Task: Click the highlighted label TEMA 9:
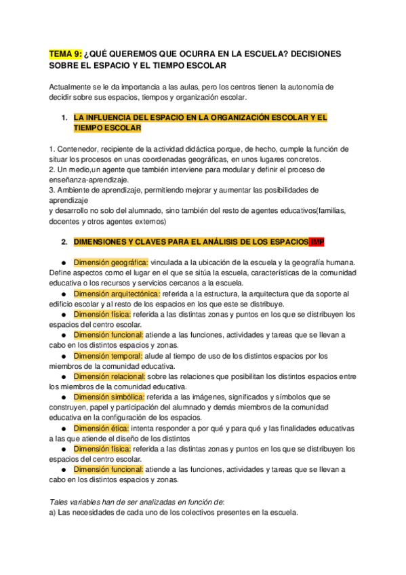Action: tap(65, 54)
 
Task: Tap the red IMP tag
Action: tap(317, 241)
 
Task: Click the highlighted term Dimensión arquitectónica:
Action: tap(117, 294)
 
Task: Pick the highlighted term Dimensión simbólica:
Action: tap(108, 397)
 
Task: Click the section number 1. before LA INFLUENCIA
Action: tap(64, 118)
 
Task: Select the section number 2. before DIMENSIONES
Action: tap(64, 241)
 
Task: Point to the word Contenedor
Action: tap(79, 149)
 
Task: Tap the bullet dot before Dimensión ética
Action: tap(62, 428)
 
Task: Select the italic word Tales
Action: tap(60, 501)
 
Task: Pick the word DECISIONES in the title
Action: tap(311, 54)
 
